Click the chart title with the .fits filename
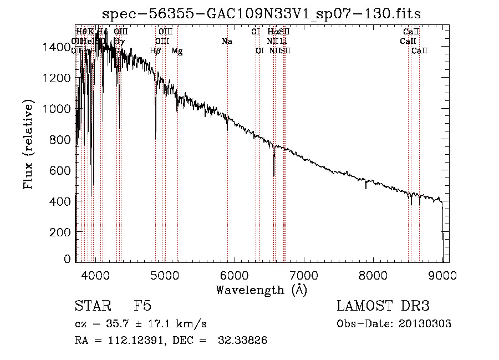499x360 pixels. [x=266, y=13]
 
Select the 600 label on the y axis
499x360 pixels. [x=62, y=171]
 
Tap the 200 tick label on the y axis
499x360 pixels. [x=62, y=232]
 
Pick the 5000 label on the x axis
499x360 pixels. [x=165, y=275]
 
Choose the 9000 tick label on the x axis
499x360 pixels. [x=442, y=275]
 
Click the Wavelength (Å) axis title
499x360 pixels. [x=261, y=290]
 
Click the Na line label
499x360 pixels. [x=227, y=41]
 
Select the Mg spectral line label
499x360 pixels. [x=177, y=51]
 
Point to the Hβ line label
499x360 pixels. [x=155, y=51]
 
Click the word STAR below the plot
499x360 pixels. [x=92, y=306]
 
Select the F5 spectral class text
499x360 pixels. [x=142, y=306]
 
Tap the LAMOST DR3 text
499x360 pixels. [x=383, y=306]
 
